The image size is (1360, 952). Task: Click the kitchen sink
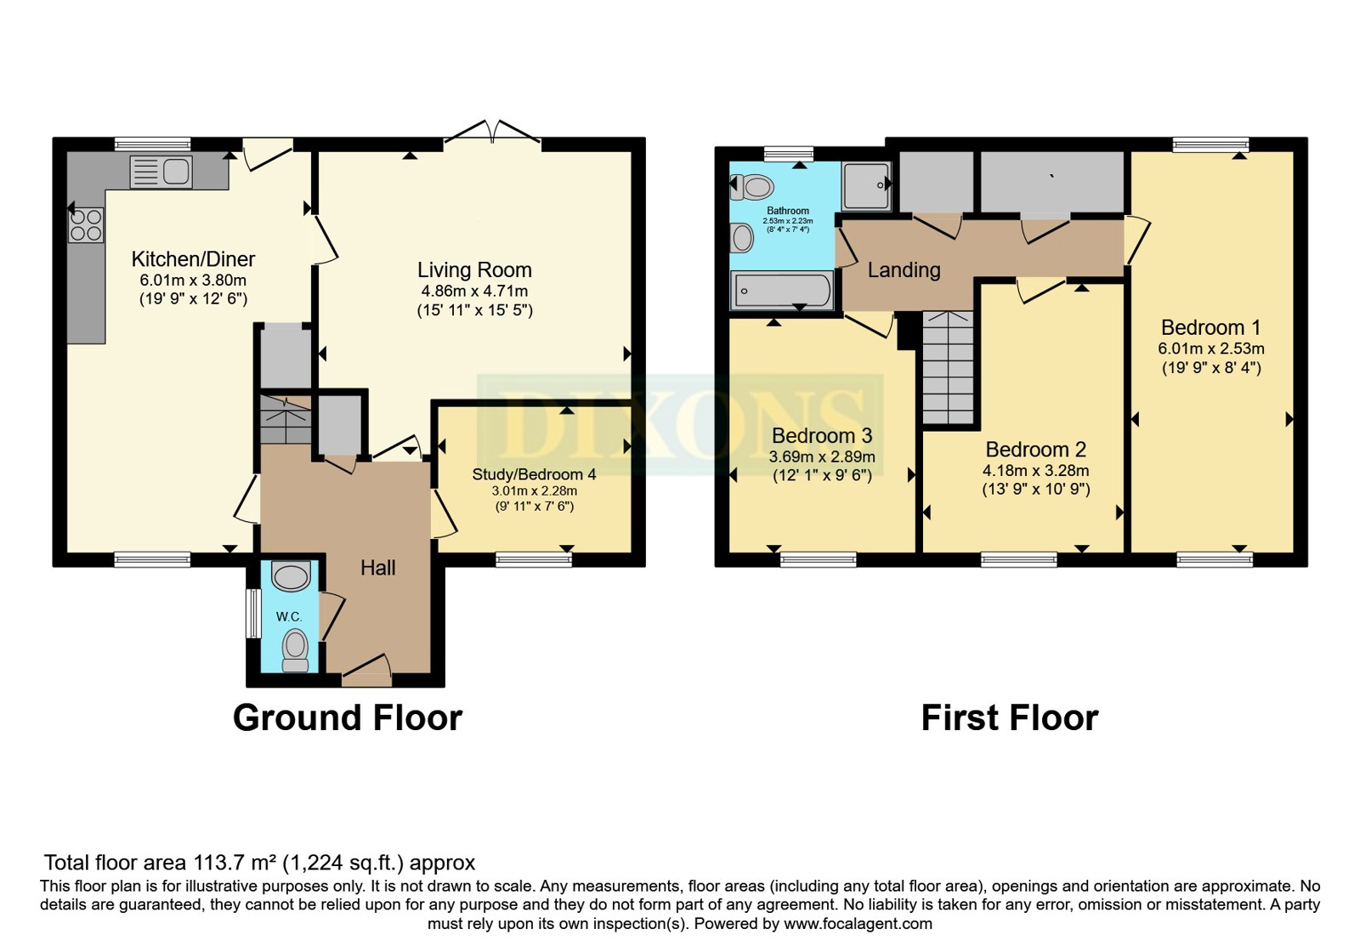[x=161, y=171]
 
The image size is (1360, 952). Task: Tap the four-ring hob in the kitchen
[x=86, y=225]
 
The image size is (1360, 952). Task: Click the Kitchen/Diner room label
[x=193, y=259]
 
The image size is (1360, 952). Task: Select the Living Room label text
[x=474, y=269]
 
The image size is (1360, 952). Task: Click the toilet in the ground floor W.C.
[x=296, y=650]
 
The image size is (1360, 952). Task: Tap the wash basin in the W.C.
[x=291, y=575]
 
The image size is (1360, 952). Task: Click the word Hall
[x=377, y=568]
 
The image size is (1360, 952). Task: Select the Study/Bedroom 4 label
[x=535, y=474]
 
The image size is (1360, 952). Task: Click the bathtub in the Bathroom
[x=782, y=291]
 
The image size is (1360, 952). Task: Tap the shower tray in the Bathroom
[x=866, y=186]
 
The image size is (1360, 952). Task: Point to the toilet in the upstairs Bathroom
[x=751, y=187]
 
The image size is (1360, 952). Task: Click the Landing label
[x=904, y=269]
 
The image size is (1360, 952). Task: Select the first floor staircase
[x=949, y=368]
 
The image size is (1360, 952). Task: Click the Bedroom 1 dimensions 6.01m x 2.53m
[x=1211, y=348]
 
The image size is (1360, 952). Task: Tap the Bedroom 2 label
[x=1036, y=450]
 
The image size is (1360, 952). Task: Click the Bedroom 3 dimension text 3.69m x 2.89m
[x=822, y=456]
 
